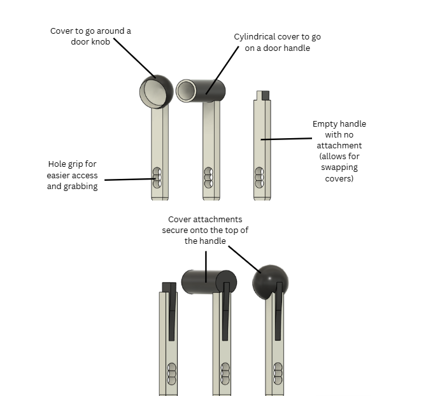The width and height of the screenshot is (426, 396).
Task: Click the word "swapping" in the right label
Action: pyautogui.click(x=339, y=167)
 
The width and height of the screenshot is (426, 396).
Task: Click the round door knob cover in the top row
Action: pyautogui.click(x=156, y=92)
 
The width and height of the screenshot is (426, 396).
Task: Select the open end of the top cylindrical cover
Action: pyautogui.click(x=186, y=90)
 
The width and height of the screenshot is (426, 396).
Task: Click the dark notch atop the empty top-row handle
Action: pyautogui.click(x=266, y=95)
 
